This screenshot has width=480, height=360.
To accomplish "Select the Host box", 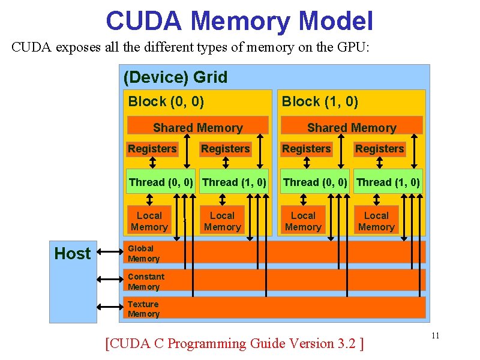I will pos(73,254).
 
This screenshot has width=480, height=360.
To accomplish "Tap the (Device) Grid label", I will pos(175,77).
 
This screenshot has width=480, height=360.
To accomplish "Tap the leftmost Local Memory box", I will pos(149,221).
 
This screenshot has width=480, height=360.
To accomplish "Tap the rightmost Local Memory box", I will pos(376,221).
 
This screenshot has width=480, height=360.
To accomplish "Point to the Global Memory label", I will pos(143,253).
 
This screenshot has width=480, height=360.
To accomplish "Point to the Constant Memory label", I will pos(146,281).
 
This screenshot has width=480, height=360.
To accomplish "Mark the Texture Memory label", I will pos(143,309).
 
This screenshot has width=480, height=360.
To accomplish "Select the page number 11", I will pos(436,335).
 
